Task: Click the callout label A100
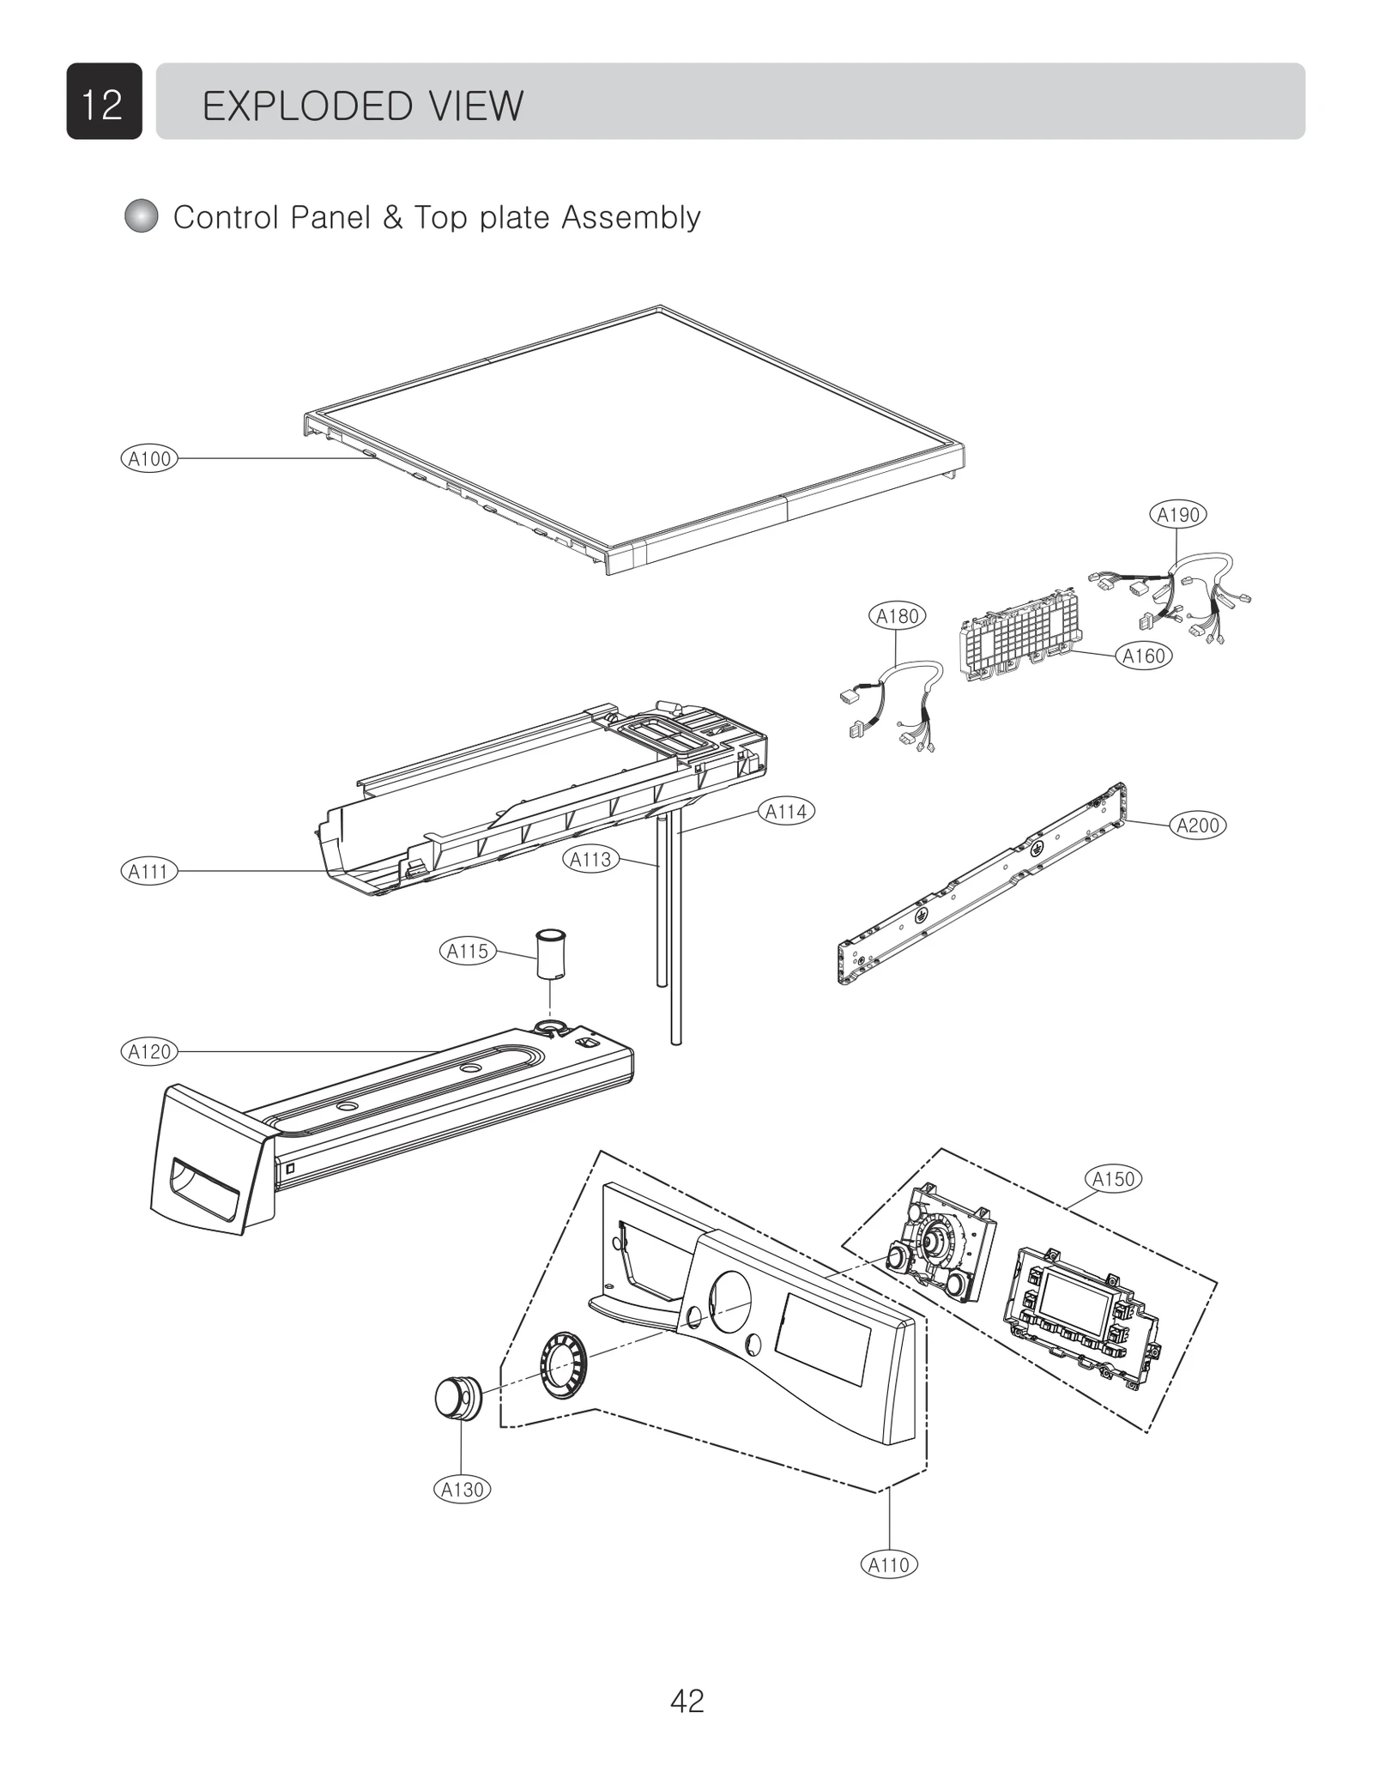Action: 149,458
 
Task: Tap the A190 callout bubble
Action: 1177,515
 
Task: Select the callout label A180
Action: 897,615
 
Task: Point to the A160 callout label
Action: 1144,656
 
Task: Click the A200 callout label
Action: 1197,825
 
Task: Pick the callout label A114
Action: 785,811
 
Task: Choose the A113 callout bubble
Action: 591,859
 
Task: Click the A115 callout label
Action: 468,951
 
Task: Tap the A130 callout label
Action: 462,1490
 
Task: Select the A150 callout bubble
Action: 1113,1179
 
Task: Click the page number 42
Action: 686,1700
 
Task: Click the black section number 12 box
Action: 104,102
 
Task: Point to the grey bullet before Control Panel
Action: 142,216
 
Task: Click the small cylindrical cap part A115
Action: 550,952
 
